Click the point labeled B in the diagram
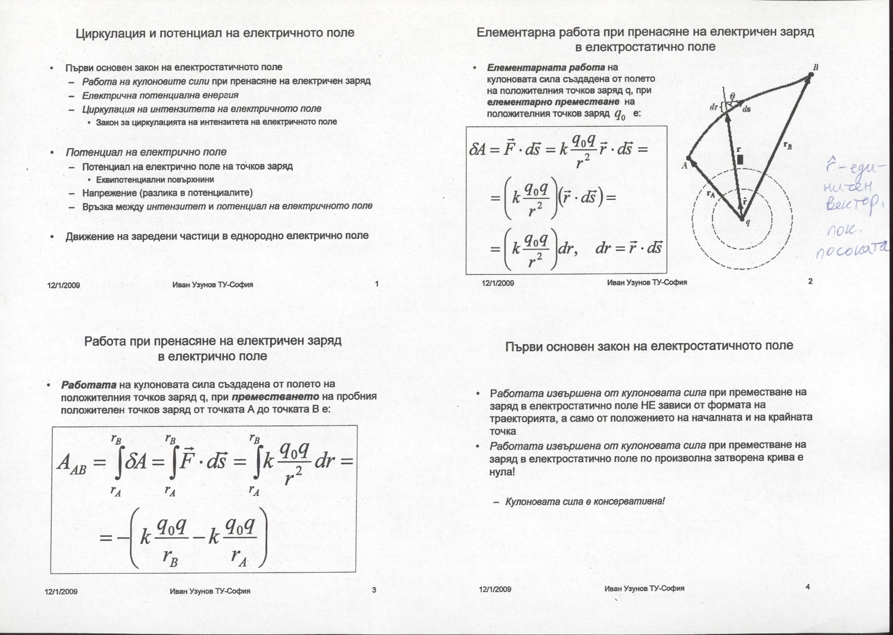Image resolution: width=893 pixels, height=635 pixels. tap(815, 67)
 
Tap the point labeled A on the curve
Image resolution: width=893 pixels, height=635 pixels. tap(684, 166)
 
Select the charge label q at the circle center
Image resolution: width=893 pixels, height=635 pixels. tap(748, 222)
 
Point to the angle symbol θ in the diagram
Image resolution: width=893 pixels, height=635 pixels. tap(732, 96)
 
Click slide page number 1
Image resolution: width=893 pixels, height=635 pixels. tap(377, 284)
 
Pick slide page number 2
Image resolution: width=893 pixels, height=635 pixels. tap(810, 281)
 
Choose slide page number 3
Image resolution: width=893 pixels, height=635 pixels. tap(374, 590)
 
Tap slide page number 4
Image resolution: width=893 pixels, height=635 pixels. tap(808, 587)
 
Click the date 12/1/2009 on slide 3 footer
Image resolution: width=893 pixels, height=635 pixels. tap(61, 592)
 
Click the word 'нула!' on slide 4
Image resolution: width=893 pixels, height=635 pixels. tap(502, 471)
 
